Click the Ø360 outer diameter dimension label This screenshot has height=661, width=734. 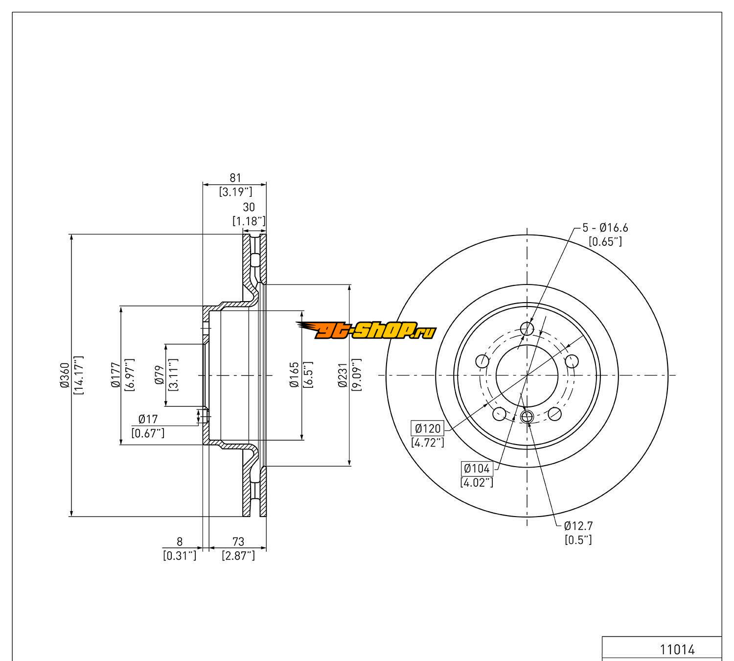pyautogui.click(x=64, y=376)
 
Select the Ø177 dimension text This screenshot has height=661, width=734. pyautogui.click(x=116, y=376)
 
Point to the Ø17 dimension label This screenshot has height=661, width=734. pyautogui.click(x=148, y=419)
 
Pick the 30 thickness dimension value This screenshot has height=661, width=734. pyautogui.click(x=249, y=208)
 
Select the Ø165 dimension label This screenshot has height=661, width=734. pyautogui.click(x=295, y=375)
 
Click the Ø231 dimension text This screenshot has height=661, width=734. pyautogui.click(x=343, y=375)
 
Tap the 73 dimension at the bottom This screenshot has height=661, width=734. pyautogui.click(x=238, y=542)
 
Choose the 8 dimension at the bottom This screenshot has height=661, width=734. pyautogui.click(x=180, y=542)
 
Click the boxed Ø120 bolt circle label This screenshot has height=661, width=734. pyautogui.click(x=428, y=429)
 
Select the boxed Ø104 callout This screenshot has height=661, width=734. pyautogui.click(x=477, y=469)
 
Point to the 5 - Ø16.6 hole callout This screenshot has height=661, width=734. pyautogui.click(x=605, y=228)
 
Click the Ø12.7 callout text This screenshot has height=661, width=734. pyautogui.click(x=578, y=526)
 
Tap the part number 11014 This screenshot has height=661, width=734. pyautogui.click(x=677, y=650)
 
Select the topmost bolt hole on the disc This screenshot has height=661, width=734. pyautogui.click(x=527, y=328)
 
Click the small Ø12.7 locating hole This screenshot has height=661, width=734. pyautogui.click(x=527, y=417)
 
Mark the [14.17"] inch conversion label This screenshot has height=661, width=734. pyautogui.click(x=78, y=376)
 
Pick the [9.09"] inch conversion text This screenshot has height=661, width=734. pyautogui.click(x=356, y=375)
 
